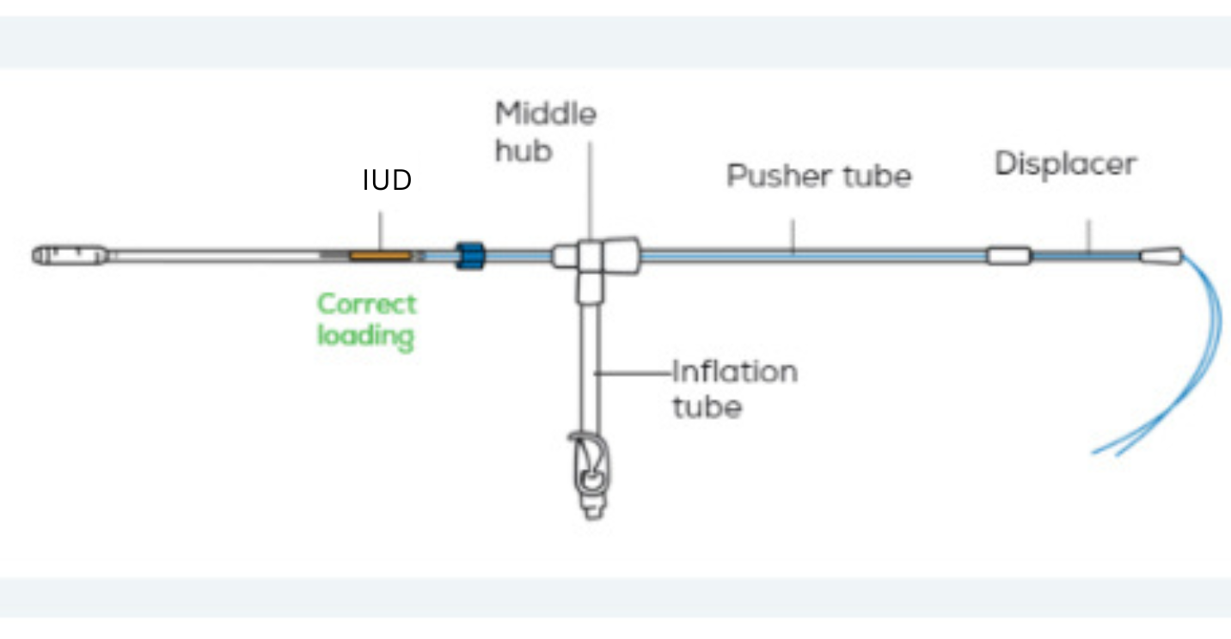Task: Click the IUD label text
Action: tap(387, 181)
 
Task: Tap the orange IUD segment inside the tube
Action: tap(379, 255)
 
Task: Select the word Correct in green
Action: tap(366, 304)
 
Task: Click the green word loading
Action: tap(366, 335)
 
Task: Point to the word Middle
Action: tap(546, 114)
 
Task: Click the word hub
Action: tap(524, 152)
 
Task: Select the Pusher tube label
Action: tap(818, 176)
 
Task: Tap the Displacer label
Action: tap(1065, 164)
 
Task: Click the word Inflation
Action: tap(734, 373)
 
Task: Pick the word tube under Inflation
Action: tap(706, 406)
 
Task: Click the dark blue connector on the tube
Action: tap(470, 255)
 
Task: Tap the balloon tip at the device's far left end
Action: tap(70, 255)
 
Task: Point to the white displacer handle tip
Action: tap(1161, 255)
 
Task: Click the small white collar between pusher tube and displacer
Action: tap(1009, 256)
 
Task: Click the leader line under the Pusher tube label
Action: tap(794, 235)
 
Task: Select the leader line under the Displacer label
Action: tap(1089, 235)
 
